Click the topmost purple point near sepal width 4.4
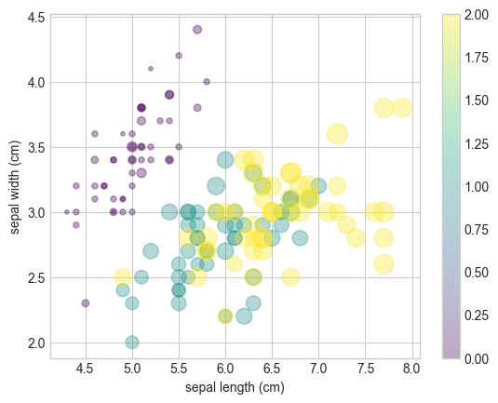coord(197,30)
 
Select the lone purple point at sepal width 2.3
coord(86,303)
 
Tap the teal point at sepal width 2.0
coord(132,343)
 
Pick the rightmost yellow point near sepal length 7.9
coord(402,108)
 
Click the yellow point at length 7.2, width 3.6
coord(337,134)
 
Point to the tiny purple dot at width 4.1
coord(151,69)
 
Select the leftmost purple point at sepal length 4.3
coord(67,212)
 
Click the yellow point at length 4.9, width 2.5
coord(123,277)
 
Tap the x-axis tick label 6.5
coord(272,369)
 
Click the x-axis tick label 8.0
coord(411,369)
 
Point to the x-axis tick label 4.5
coord(86,369)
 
